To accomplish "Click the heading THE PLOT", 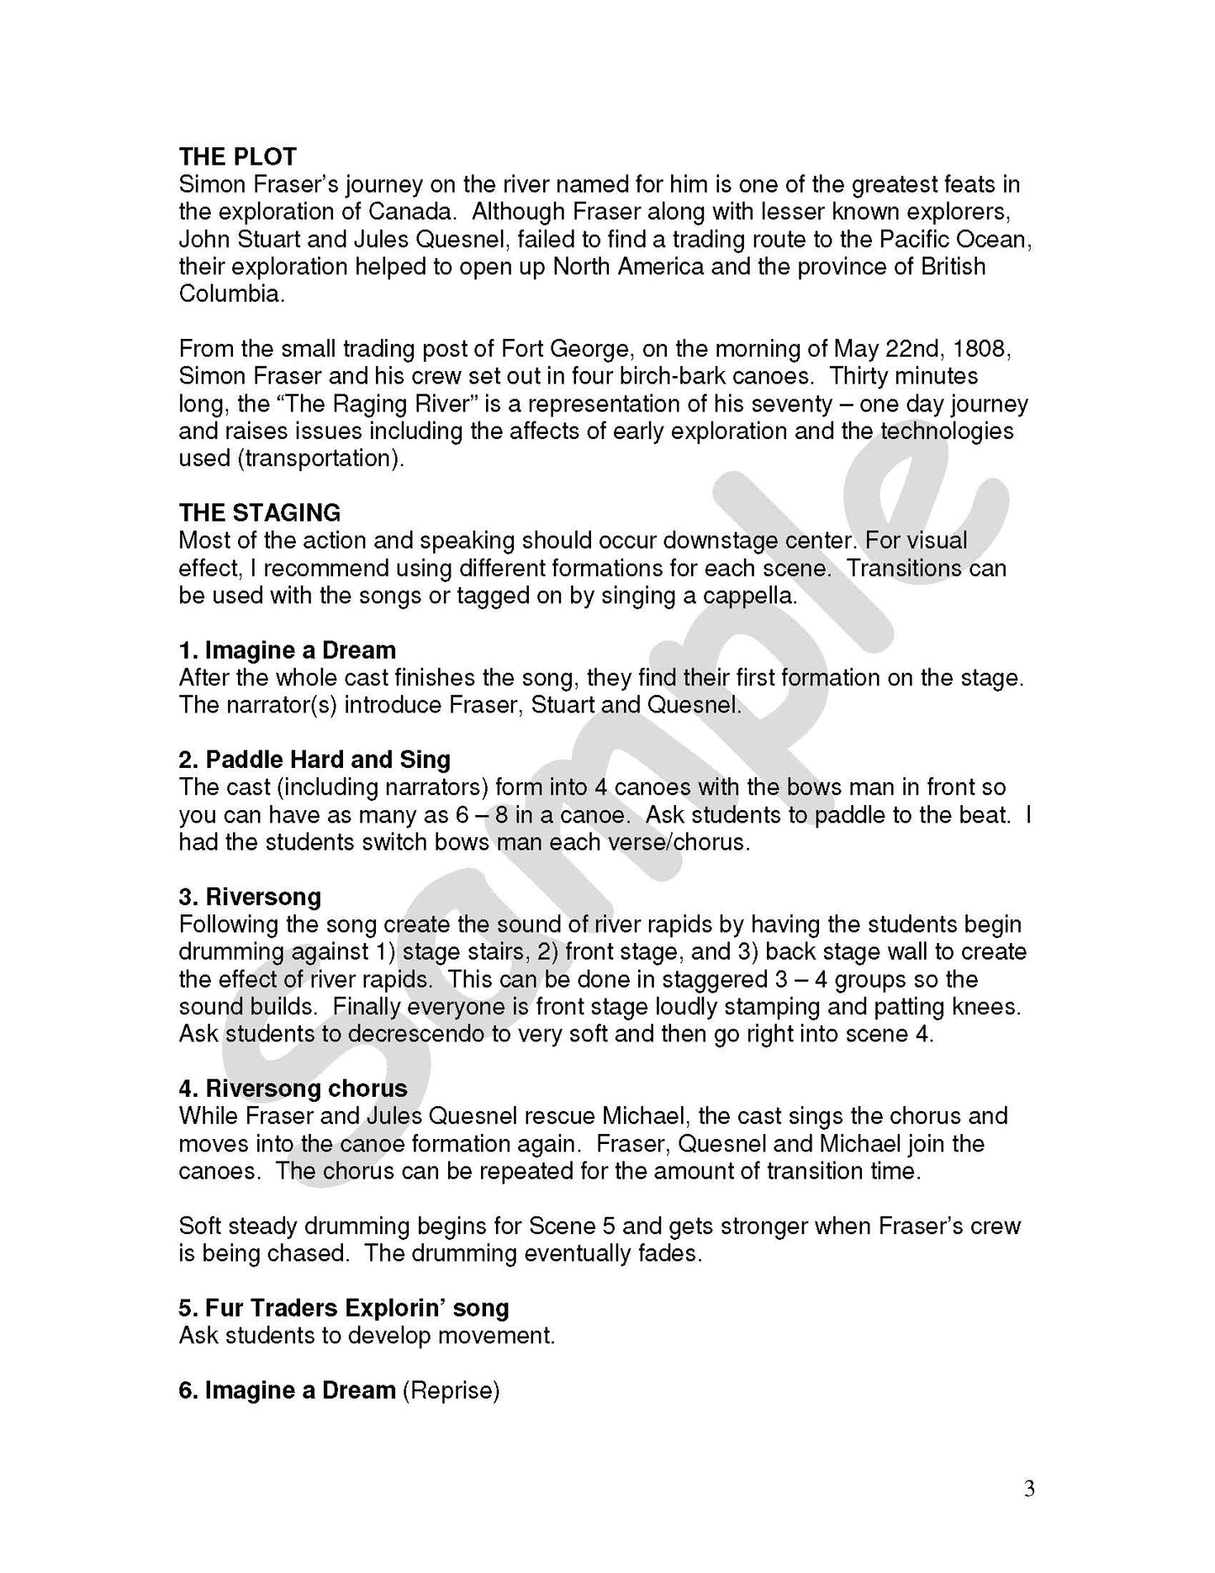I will point(237,157).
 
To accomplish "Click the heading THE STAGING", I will point(260,513).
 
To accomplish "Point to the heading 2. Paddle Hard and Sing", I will point(314,760).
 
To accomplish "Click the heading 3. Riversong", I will point(250,897).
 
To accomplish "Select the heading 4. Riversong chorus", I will point(293,1089).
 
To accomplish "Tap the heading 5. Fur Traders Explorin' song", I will point(344,1308).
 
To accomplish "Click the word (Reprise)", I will point(452,1390).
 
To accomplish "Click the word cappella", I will point(741,596).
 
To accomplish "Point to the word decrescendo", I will point(415,1034).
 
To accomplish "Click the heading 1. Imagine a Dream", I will point(287,650).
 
